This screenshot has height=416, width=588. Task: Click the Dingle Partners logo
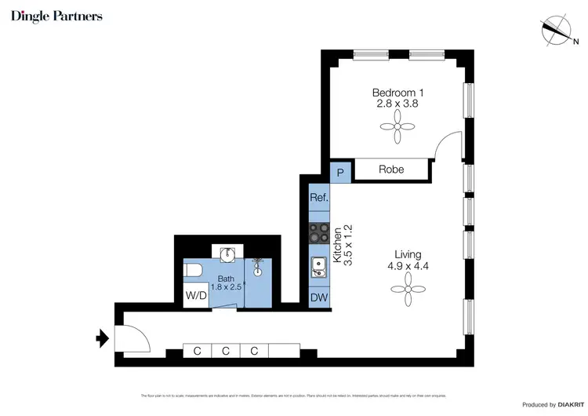point(56,16)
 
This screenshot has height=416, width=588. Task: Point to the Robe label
point(391,170)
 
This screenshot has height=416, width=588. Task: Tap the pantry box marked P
point(340,173)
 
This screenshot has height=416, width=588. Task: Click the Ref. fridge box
point(319,198)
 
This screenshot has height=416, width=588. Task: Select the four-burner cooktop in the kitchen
point(319,233)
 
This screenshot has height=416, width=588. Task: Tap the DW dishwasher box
point(319,298)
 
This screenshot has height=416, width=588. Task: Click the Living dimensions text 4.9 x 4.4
point(408,266)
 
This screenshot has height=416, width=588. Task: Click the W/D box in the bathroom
point(195,297)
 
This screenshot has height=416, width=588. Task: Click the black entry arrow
point(101,338)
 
